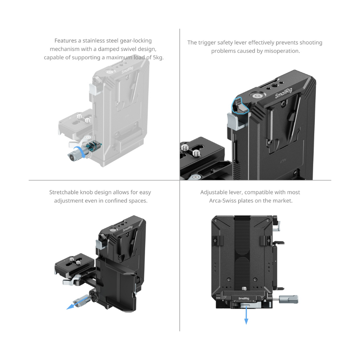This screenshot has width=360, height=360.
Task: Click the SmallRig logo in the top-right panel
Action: (x=284, y=93)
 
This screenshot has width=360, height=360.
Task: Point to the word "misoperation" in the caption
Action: (x=283, y=51)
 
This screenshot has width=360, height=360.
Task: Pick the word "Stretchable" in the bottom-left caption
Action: (x=64, y=193)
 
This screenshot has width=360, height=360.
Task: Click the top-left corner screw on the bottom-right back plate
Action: (x=217, y=221)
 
